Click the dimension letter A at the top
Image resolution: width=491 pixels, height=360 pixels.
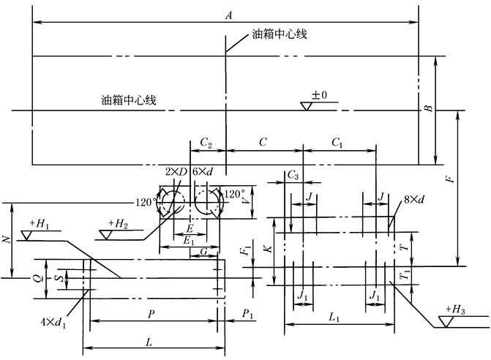tap(229, 15)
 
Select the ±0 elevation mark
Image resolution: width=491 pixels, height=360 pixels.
tap(320, 95)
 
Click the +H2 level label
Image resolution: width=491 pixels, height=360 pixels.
tap(118, 222)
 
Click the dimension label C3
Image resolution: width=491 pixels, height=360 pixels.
tap(293, 176)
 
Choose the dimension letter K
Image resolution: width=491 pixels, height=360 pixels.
tap(269, 249)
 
